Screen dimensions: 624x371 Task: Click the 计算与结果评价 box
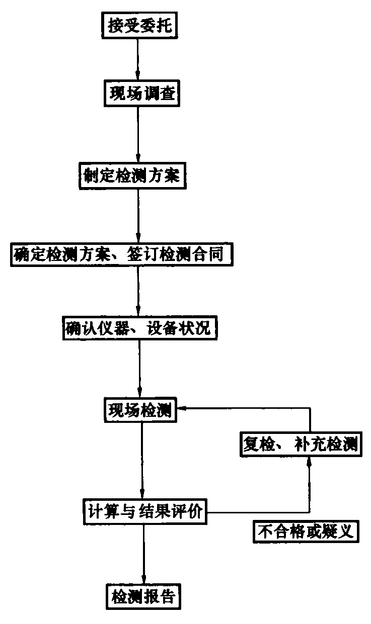coord(144,513)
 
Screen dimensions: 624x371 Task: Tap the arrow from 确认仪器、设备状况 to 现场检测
coord(139,370)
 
